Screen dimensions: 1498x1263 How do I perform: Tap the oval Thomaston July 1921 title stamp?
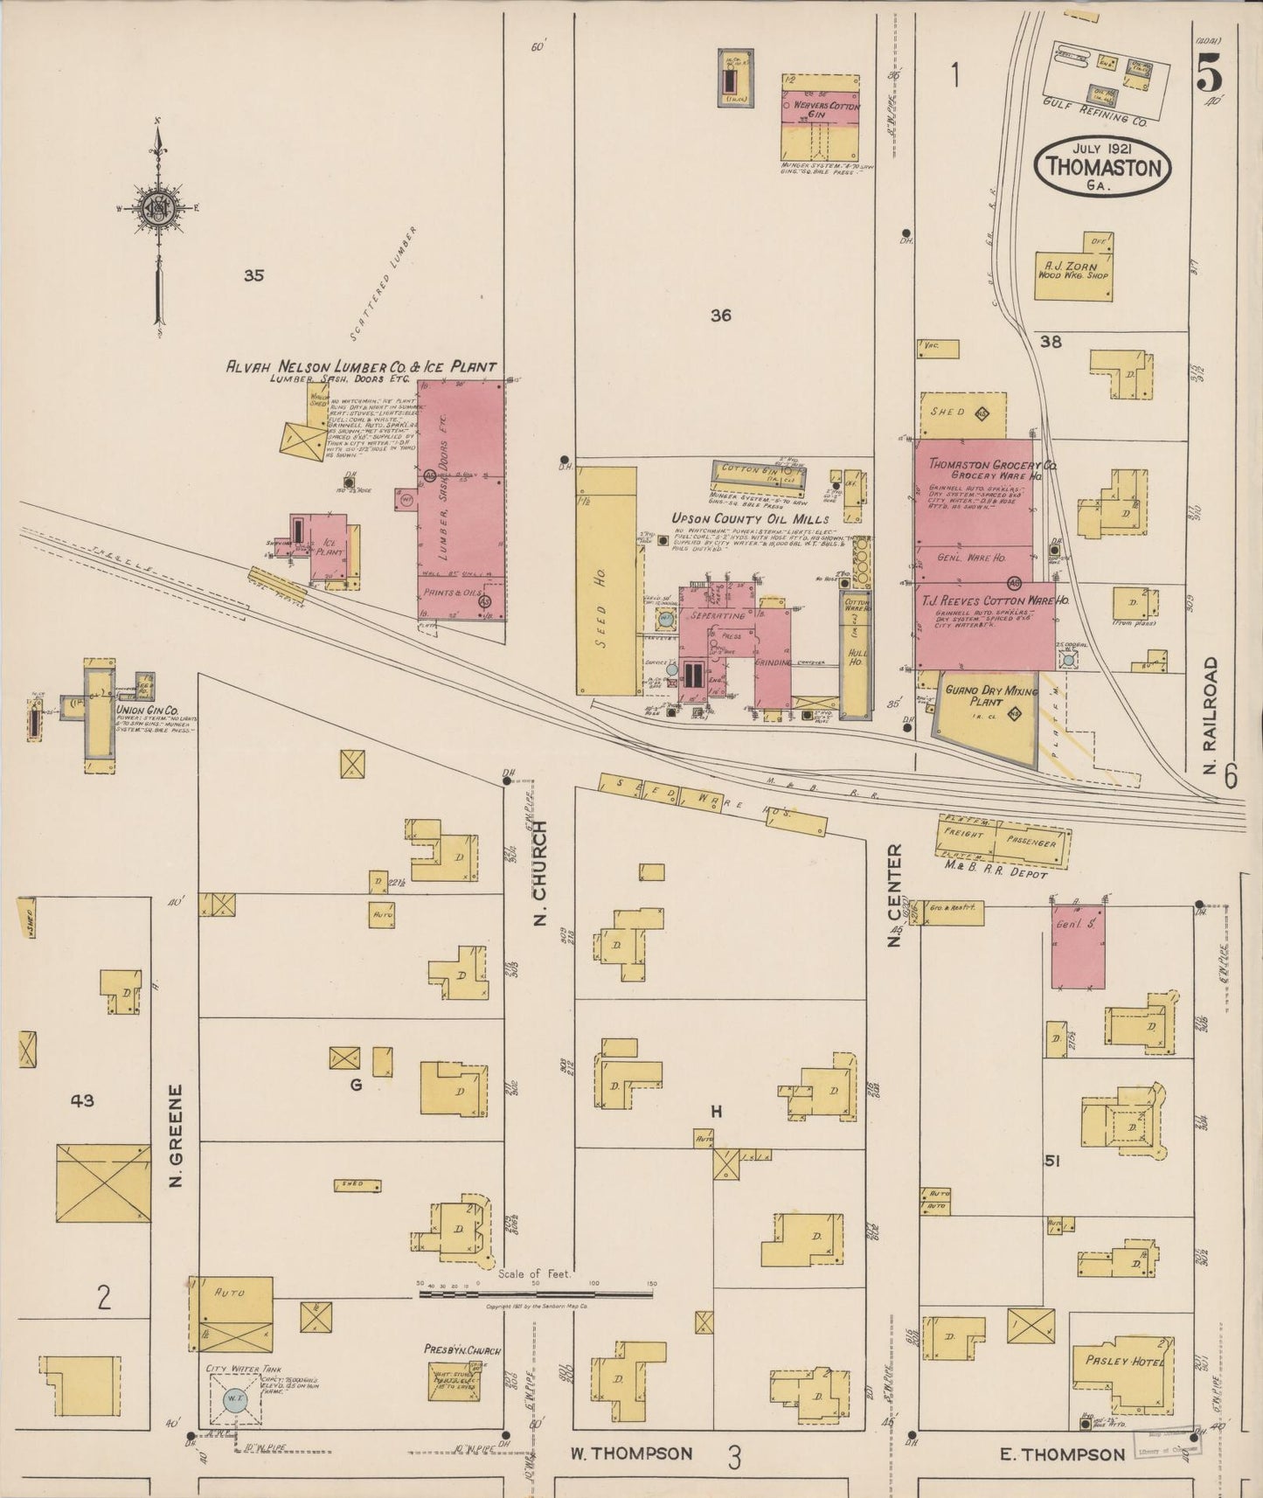coord(1103,165)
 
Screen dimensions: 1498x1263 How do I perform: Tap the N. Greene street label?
coord(176,1135)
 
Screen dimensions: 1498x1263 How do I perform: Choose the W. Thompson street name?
coord(631,1454)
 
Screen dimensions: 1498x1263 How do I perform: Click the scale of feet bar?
coord(536,1294)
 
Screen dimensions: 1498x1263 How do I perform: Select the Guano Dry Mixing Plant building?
coord(982,717)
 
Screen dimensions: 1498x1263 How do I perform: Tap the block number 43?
coord(83,1100)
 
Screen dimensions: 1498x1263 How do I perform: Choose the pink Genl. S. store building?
coord(1077,947)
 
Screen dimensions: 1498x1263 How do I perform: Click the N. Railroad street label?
coord(1211,712)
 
